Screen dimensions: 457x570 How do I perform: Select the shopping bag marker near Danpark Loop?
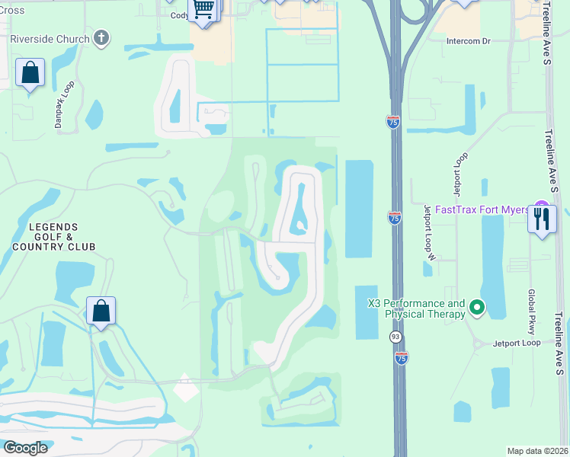click(30, 73)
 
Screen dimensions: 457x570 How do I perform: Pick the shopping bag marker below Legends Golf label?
click(101, 311)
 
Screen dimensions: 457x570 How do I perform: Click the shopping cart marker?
click(203, 9)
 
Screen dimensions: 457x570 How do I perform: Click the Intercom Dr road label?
click(469, 41)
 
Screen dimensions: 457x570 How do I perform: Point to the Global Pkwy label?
click(532, 312)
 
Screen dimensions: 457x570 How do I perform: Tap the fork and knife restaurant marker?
click(542, 219)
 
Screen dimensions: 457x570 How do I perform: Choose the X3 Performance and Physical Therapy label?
click(416, 308)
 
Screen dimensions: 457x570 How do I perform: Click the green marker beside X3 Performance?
click(477, 308)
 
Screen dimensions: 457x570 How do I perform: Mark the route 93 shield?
click(395, 336)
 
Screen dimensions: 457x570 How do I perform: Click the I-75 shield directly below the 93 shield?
click(401, 356)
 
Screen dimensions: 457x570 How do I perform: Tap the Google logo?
click(24, 447)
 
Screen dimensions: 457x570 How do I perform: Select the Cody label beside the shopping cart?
click(180, 15)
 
